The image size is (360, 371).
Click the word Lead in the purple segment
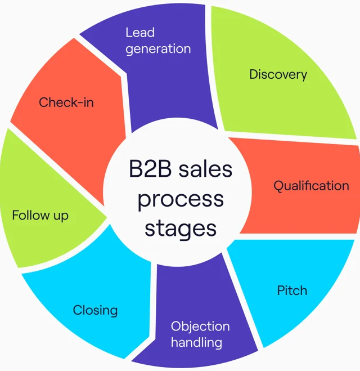pos(140,33)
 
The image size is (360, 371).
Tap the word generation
pos(158,49)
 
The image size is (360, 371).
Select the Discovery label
pos(278,75)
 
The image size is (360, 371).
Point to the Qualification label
pos(311,186)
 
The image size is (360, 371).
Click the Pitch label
pos(292,290)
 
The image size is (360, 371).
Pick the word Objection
pos(200,327)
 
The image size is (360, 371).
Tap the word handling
pos(197,343)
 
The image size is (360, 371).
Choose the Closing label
pos(95,310)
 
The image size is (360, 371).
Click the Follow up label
pos(40,216)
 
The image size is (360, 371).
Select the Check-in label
pos(66,102)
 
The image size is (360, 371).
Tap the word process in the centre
pos(181,200)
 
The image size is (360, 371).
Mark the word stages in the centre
pos(181,230)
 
